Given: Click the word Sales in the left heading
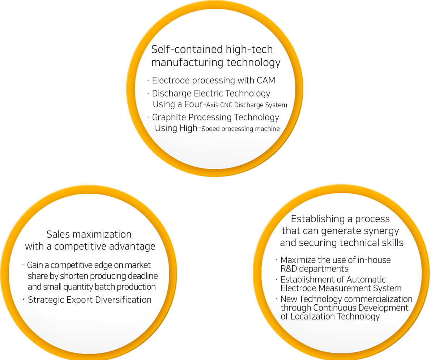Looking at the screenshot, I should [59, 234].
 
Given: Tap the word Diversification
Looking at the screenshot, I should [123, 300].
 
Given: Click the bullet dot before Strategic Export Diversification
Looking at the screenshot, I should [23, 299].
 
